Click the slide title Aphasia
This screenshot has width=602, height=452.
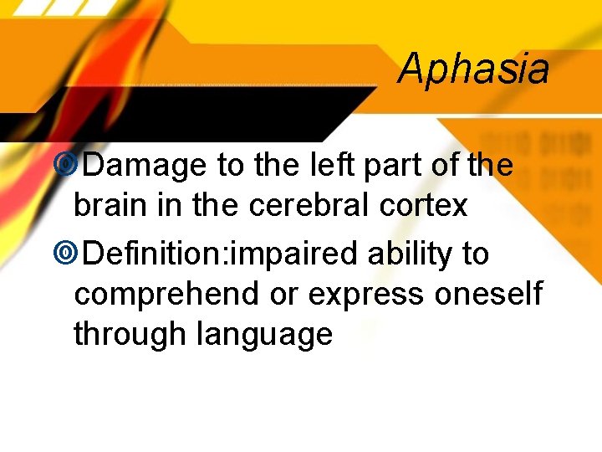473,69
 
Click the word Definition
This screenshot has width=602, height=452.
156,253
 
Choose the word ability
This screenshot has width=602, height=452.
407,253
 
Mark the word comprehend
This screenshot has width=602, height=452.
166,294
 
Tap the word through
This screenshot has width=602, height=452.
130,335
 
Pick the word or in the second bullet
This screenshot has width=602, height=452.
284,294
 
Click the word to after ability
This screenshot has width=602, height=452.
474,253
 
